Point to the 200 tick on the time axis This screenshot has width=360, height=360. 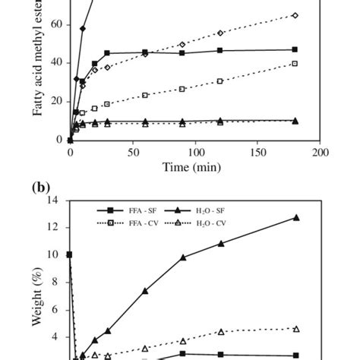[x=321, y=152]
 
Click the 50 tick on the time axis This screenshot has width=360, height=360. [x=133, y=152]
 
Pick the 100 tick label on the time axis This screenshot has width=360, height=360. [x=195, y=152]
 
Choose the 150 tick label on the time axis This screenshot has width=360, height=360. [x=257, y=152]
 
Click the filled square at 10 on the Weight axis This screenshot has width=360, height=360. [x=70, y=254]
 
